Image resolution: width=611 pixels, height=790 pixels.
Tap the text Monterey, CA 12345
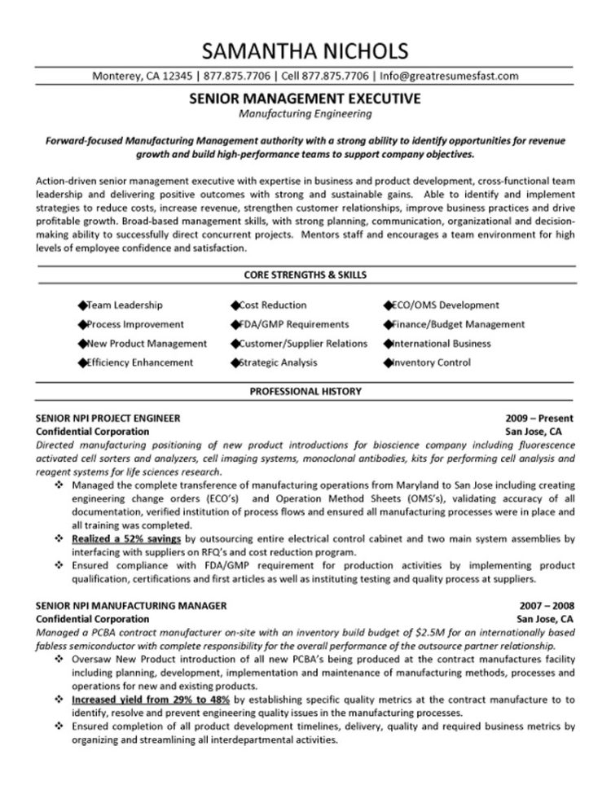click(142, 76)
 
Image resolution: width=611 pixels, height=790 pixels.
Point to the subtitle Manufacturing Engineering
click(305, 114)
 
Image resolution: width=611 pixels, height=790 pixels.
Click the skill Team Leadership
click(124, 305)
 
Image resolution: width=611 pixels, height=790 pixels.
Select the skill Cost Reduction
click(273, 305)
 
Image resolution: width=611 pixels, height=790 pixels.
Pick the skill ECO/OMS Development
click(445, 305)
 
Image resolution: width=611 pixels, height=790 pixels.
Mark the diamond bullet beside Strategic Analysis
click(235, 362)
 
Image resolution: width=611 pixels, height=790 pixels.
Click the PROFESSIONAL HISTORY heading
click(305, 392)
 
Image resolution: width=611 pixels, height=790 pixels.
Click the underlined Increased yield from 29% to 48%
click(150, 699)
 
